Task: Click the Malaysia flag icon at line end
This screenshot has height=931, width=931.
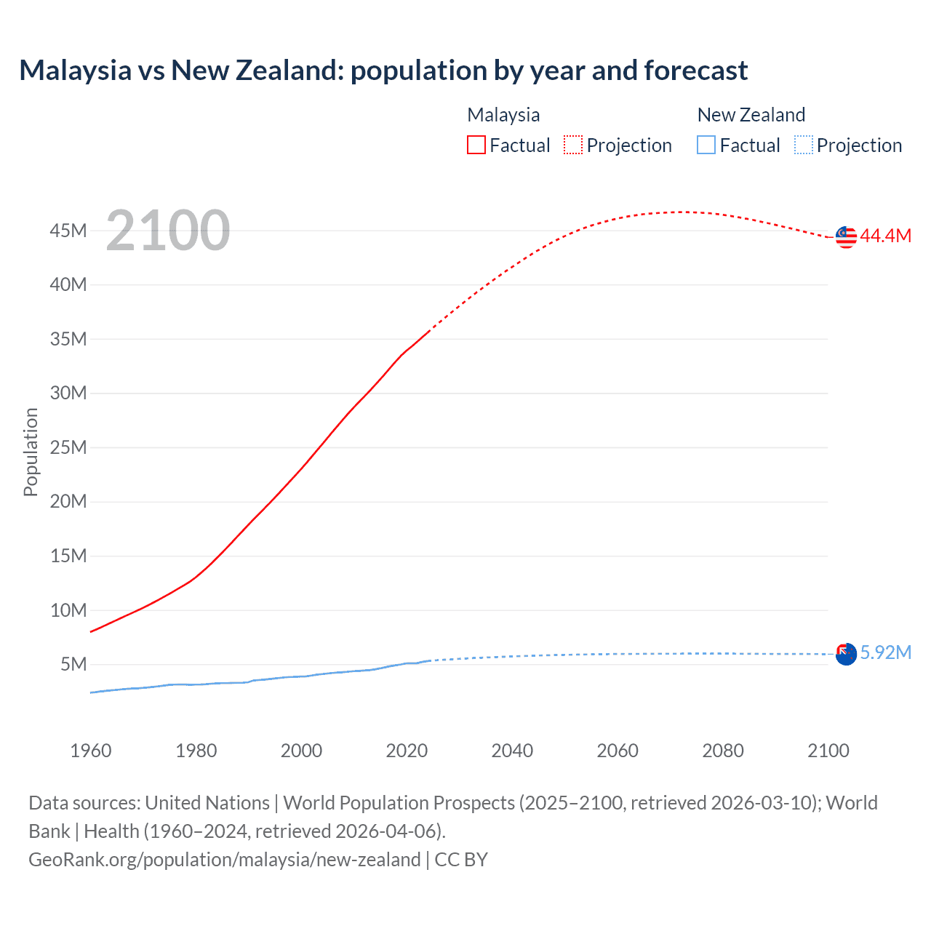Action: pos(846,236)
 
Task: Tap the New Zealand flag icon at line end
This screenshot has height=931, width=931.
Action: pos(846,654)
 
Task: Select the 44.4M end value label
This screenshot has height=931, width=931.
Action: pos(885,236)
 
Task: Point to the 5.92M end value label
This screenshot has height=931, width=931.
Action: pos(885,652)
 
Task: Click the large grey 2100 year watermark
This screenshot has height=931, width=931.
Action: pos(168,231)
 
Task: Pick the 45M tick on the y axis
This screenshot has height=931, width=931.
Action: pos(68,231)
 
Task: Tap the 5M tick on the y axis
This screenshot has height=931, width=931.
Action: pos(73,664)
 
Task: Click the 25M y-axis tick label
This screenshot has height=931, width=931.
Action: pos(68,447)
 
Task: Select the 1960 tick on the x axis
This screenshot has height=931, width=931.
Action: pos(91,751)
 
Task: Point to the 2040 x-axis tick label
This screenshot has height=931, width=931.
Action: pos(512,751)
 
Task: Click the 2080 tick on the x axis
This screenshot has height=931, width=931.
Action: pos(723,751)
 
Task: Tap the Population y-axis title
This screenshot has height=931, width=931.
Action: pos(31,452)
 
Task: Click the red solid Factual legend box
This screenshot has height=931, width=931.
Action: pos(476,145)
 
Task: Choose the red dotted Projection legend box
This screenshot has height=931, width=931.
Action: pos(573,145)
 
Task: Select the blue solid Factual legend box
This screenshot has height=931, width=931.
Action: pos(706,145)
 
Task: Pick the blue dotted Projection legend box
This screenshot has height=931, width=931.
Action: pos(804,145)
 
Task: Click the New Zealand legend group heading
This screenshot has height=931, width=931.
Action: pos(751,115)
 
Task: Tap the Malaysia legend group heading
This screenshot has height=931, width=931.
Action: pos(503,115)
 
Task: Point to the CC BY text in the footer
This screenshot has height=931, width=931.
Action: pos(461,860)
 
